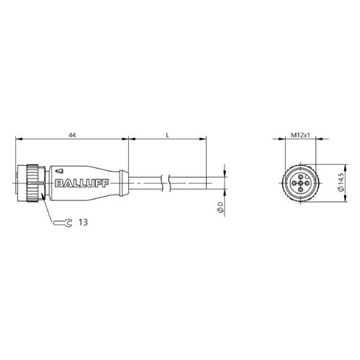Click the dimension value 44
tap(72, 135)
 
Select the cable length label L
tap(168, 135)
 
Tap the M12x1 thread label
tap(300, 135)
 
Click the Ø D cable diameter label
tap(220, 207)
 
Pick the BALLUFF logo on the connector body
tap(82, 183)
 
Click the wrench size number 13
tap(84, 222)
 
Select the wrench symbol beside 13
tap(63, 223)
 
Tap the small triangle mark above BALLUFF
tap(58, 171)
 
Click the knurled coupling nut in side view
tap(32, 183)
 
